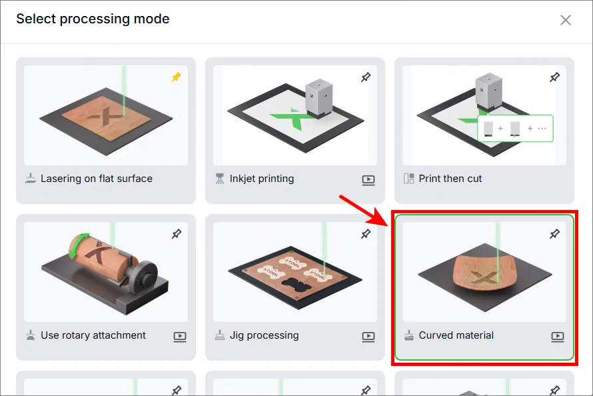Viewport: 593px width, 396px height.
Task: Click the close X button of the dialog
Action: click(x=566, y=20)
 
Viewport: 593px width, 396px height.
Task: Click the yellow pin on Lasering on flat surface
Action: click(x=177, y=77)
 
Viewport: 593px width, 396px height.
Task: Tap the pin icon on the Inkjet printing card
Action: click(x=365, y=77)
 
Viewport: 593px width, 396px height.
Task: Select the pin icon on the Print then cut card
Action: click(x=554, y=77)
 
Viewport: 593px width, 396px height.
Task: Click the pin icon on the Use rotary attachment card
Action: click(x=177, y=234)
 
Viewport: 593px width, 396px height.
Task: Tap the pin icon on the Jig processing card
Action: click(x=365, y=234)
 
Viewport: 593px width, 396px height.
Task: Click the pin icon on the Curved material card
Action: click(x=554, y=234)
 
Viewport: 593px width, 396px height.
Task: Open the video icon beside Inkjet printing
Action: click(x=368, y=180)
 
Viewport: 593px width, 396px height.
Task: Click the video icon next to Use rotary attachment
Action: click(x=180, y=337)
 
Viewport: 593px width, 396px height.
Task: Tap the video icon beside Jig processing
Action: click(x=368, y=337)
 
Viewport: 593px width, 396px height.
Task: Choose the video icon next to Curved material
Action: click(x=558, y=337)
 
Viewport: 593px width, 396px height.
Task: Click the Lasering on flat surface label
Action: click(x=97, y=179)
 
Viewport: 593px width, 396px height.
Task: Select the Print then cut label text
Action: click(x=450, y=179)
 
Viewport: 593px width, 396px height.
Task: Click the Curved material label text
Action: click(x=456, y=335)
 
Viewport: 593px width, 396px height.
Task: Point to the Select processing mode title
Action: click(x=93, y=19)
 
